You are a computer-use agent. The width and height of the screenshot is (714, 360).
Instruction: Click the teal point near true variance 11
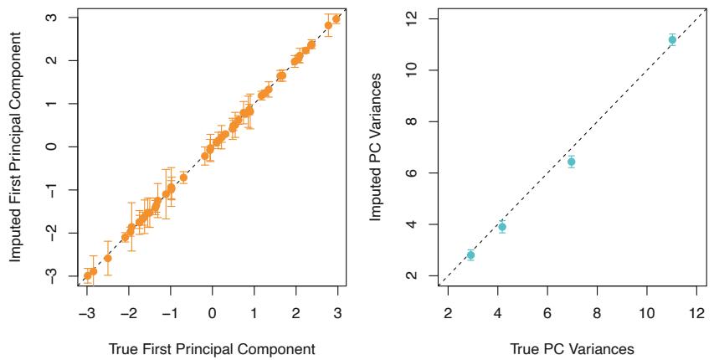pyautogui.click(x=672, y=39)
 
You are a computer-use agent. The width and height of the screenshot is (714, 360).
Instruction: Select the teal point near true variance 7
pyautogui.click(x=571, y=162)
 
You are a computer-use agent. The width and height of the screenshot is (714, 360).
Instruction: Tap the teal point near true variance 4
pyautogui.click(x=501, y=227)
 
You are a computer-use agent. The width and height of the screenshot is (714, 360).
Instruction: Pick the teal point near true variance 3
pyautogui.click(x=470, y=255)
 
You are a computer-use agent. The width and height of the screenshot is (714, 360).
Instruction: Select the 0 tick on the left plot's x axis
pyautogui.click(x=212, y=311)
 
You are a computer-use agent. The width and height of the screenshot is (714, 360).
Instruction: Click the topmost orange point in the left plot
pyautogui.click(x=336, y=18)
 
